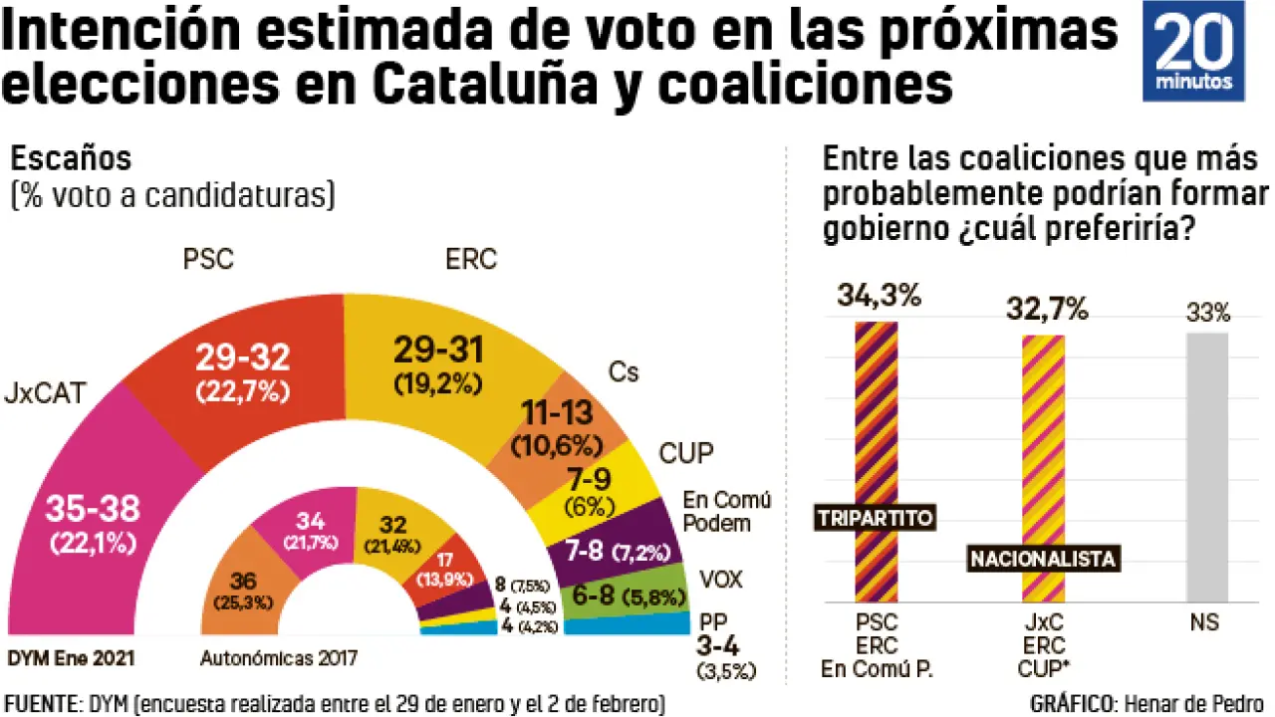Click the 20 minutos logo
[1192, 51]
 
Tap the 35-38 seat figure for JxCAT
[94, 510]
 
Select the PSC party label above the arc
[208, 260]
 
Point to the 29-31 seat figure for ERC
[438, 350]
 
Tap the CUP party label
[686, 454]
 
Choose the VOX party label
[722, 579]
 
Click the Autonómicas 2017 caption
[279, 658]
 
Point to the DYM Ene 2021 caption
[71, 658]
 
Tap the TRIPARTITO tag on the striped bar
[874, 518]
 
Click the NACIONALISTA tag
[1042, 559]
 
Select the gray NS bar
[1207, 468]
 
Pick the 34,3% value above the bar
[879, 296]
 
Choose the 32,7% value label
[1045, 310]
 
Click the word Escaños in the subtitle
[71, 158]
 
